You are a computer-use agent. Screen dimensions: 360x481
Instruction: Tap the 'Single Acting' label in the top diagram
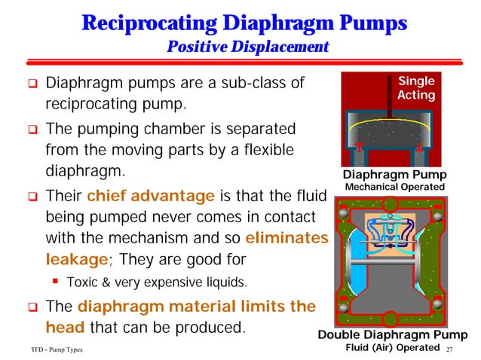(x=416, y=87)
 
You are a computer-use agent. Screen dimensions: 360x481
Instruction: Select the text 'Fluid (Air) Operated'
(x=391, y=347)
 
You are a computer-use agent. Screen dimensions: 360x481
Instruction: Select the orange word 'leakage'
(x=66, y=261)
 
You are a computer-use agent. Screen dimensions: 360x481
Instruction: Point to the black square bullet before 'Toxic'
(x=56, y=283)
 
